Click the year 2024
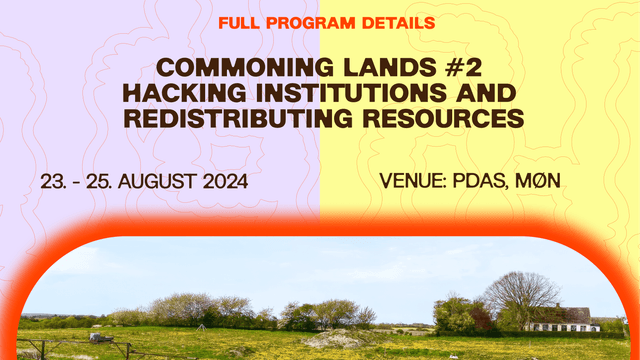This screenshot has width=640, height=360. pos(247,183)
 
